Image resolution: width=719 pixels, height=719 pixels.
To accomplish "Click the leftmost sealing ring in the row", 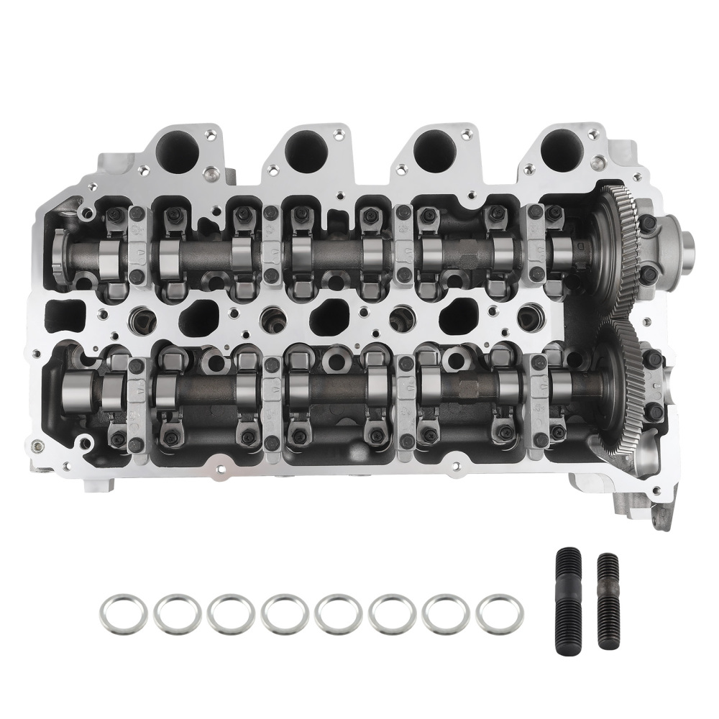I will click(x=122, y=612).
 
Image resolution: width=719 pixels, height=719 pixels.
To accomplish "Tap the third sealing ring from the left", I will click(x=230, y=612).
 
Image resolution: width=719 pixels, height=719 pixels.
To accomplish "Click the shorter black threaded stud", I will click(x=608, y=591).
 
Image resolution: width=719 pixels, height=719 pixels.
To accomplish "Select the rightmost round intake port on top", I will click(x=561, y=150).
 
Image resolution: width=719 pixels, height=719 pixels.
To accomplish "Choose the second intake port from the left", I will click(x=306, y=150).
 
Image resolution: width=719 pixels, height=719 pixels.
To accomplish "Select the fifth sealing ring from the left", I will click(x=338, y=612).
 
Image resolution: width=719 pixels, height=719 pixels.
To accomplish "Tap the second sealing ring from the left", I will click(x=176, y=612).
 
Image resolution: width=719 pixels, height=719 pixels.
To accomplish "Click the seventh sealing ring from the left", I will click(x=446, y=612).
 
